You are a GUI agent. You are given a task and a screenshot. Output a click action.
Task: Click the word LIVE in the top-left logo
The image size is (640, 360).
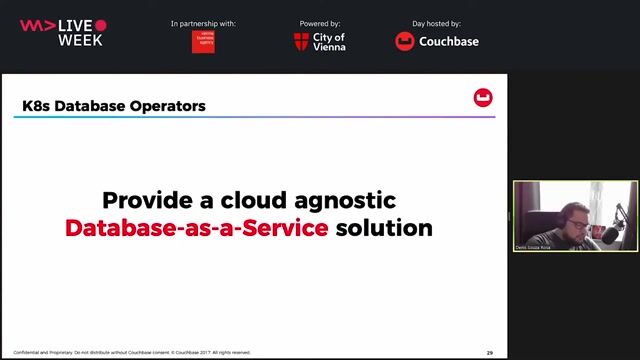click(76, 25)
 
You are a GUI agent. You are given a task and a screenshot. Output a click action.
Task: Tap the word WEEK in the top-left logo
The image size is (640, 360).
click(80, 40)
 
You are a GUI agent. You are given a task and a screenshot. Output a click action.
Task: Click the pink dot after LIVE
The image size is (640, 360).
click(101, 25)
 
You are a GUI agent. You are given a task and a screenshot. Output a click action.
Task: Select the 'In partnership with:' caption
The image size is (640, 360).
click(203, 23)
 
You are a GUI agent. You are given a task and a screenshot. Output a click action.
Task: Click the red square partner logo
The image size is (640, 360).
click(203, 42)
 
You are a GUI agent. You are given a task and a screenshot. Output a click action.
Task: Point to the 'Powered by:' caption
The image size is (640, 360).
click(320, 23)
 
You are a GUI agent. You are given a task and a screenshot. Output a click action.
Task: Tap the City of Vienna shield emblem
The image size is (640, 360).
click(302, 42)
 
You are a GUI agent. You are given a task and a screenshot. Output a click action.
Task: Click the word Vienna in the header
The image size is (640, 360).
click(331, 47)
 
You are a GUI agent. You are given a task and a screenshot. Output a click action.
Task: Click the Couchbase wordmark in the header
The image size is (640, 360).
click(449, 42)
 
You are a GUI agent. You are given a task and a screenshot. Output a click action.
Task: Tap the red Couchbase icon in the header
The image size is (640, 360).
click(405, 42)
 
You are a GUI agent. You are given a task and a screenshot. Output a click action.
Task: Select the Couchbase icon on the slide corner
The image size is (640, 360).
click(483, 97)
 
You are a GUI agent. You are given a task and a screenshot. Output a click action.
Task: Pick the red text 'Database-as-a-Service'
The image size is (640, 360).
click(197, 228)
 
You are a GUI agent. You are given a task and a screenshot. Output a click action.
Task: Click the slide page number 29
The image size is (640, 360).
click(490, 352)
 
